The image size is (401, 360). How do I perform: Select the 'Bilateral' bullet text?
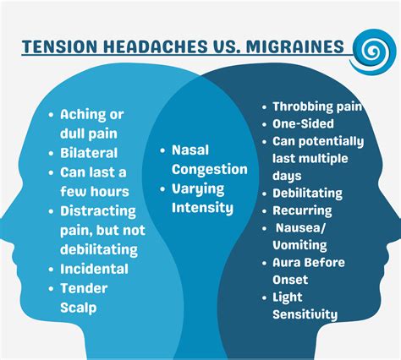coord(89,153)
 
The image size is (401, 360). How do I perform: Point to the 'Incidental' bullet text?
coord(94,269)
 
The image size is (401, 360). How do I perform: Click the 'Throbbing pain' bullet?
coord(317,107)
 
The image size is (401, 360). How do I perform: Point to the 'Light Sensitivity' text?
coord(305,306)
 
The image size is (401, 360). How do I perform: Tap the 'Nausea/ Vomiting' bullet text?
coord(305,237)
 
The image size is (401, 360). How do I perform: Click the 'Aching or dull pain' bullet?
coord(88,124)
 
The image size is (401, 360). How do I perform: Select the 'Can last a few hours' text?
coord(93,182)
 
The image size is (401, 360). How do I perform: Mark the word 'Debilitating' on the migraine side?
coord(308,193)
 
